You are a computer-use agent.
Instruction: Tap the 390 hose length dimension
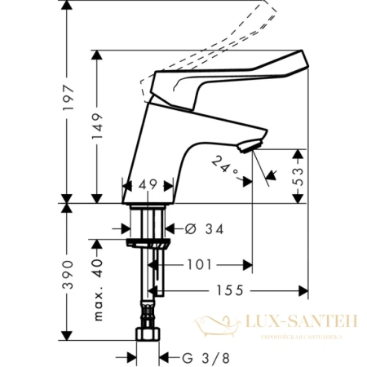pyautogui.click(x=71, y=275)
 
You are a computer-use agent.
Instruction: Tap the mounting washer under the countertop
pyautogui.click(x=149, y=244)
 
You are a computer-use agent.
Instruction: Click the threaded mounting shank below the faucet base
pyautogui.click(x=148, y=220)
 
